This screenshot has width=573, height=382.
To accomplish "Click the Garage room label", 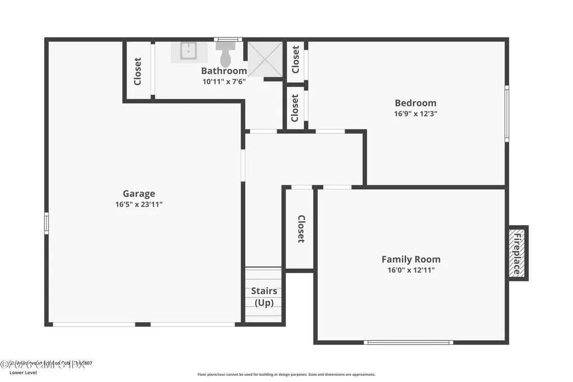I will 139,194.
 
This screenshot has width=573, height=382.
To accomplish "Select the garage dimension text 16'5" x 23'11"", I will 139,204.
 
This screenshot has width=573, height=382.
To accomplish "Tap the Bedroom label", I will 415,103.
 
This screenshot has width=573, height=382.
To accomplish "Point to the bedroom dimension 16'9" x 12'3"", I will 415,113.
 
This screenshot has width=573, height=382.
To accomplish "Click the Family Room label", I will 411,259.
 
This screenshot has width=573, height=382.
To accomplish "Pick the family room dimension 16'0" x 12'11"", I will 411,270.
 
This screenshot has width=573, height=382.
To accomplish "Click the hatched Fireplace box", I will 518,253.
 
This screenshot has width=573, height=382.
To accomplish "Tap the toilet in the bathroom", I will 226,55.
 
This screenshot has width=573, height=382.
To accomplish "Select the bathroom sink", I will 189,52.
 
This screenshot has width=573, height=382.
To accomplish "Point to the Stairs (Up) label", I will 264,297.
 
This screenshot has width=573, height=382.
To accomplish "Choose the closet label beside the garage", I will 138,71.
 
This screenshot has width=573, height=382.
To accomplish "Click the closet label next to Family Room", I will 300,229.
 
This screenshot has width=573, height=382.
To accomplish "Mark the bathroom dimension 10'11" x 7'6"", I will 224,81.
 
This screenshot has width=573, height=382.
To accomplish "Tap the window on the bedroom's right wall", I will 507,113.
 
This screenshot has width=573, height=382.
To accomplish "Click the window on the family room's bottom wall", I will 408,342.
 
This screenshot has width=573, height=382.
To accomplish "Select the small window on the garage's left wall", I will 46,223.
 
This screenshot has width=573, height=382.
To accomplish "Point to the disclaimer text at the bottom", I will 286,375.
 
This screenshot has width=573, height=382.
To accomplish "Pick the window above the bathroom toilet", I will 228,39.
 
